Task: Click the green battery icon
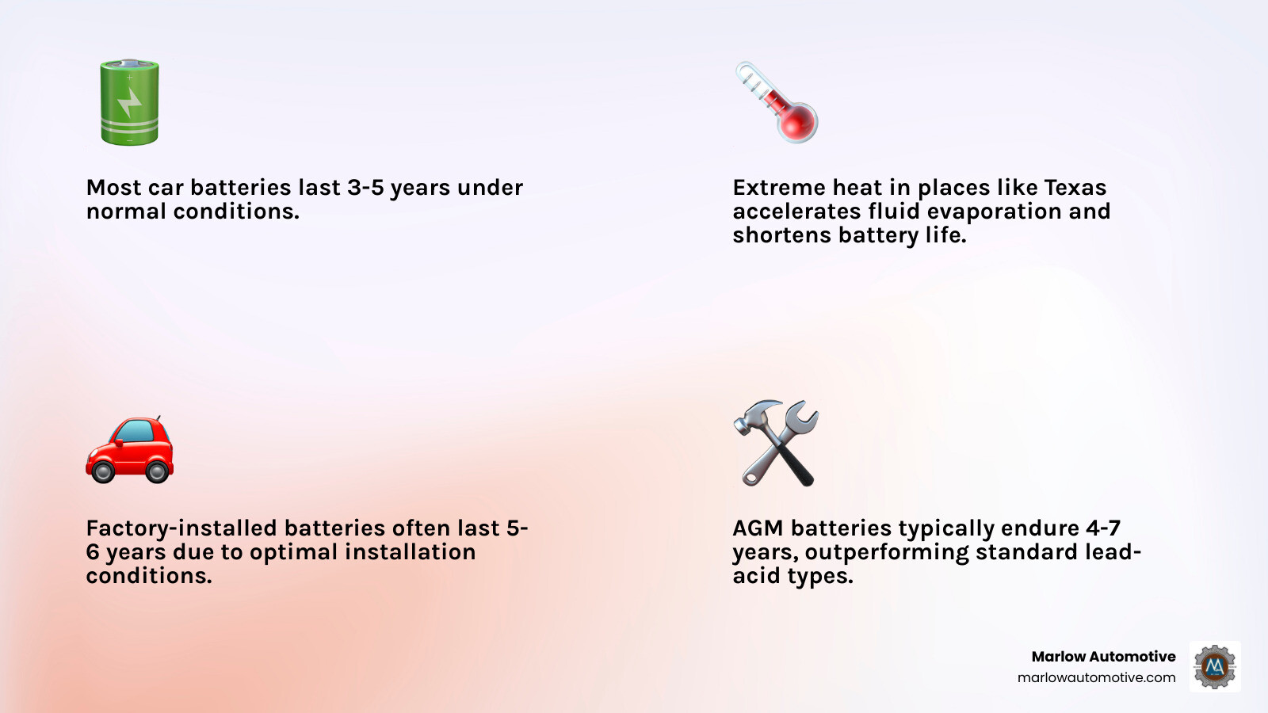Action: [129, 102]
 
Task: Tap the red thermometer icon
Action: [777, 102]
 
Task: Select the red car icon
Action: [129, 449]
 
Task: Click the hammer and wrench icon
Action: [776, 443]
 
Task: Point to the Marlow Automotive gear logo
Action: [1215, 666]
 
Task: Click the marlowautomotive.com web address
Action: [1096, 677]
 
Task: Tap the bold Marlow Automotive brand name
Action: [1103, 656]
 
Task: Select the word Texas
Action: [1075, 188]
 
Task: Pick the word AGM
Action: [758, 528]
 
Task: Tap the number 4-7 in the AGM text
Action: [1103, 528]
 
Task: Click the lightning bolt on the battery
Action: [129, 101]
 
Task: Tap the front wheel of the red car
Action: [103, 472]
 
